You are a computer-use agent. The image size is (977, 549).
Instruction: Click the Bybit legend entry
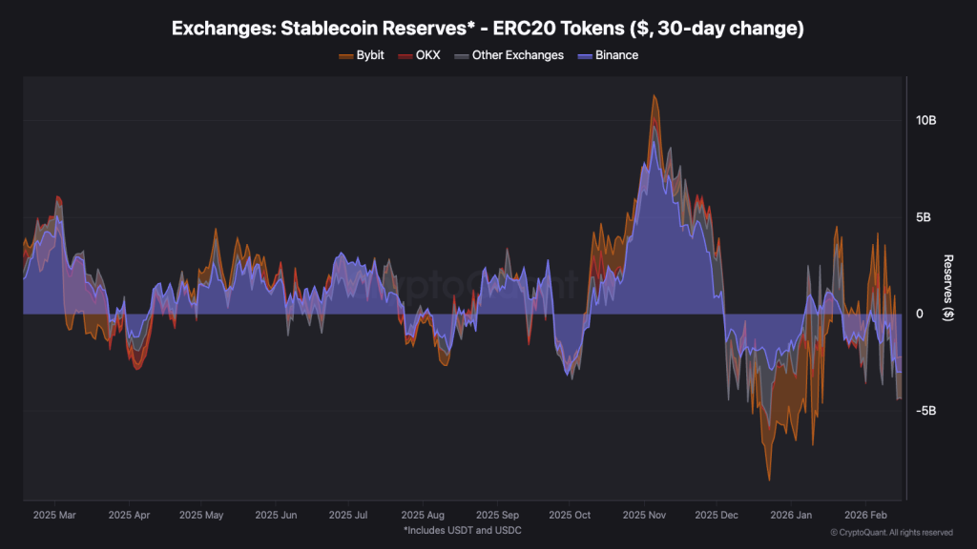[x=362, y=55]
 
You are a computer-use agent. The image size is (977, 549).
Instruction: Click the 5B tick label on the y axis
[x=924, y=217]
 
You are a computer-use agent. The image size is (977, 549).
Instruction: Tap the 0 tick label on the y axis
[x=920, y=314]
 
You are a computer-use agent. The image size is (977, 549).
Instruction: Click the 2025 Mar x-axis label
[x=53, y=515]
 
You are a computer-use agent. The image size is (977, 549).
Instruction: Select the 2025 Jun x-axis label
[x=276, y=515]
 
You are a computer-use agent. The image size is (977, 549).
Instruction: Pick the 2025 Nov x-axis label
[x=644, y=515]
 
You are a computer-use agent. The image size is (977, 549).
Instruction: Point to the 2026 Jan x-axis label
[x=791, y=515]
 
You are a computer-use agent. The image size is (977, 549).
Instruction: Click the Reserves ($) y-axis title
[x=947, y=288]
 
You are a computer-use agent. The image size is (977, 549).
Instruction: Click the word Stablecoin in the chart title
[x=322, y=29]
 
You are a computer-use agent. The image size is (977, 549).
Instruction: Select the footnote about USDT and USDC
[x=462, y=530]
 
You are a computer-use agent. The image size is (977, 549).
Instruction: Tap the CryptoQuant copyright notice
[x=891, y=532]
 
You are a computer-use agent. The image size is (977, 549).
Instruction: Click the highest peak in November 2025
[x=654, y=95]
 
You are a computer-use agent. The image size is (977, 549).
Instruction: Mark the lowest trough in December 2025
[x=769, y=479]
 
